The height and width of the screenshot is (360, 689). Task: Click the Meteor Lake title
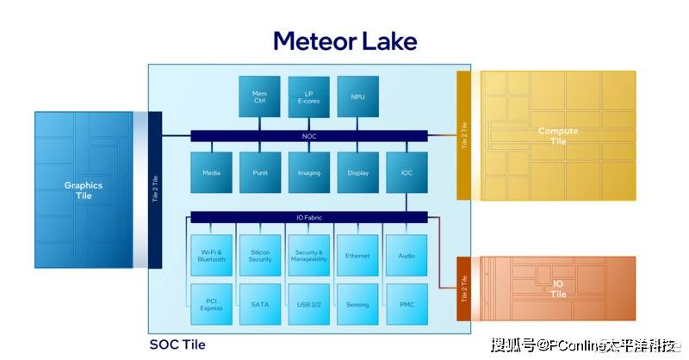coord(344,40)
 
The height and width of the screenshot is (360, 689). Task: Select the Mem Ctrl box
coord(259,96)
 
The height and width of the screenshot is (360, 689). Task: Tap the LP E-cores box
coord(308,96)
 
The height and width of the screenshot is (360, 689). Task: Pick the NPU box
coord(357,96)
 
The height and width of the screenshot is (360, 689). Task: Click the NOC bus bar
coord(308,135)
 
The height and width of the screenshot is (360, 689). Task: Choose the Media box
coord(211,172)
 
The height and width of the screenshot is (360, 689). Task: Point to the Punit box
coord(259,172)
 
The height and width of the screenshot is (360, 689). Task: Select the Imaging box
coord(308,172)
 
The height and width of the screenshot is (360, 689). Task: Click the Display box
coord(357,172)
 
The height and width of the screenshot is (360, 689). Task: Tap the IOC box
coord(407,172)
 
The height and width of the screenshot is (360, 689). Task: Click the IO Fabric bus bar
coord(308,217)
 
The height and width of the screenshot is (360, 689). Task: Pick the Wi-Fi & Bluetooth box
coord(211,256)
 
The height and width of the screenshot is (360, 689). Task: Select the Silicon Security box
coord(259,256)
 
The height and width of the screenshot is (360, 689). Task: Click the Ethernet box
coord(357,256)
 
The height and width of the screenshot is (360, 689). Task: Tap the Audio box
coord(407,256)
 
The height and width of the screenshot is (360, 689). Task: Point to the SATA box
coord(259,304)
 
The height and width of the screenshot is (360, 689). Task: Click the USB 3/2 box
coord(308,304)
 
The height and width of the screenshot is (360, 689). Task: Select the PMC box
coord(407,304)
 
